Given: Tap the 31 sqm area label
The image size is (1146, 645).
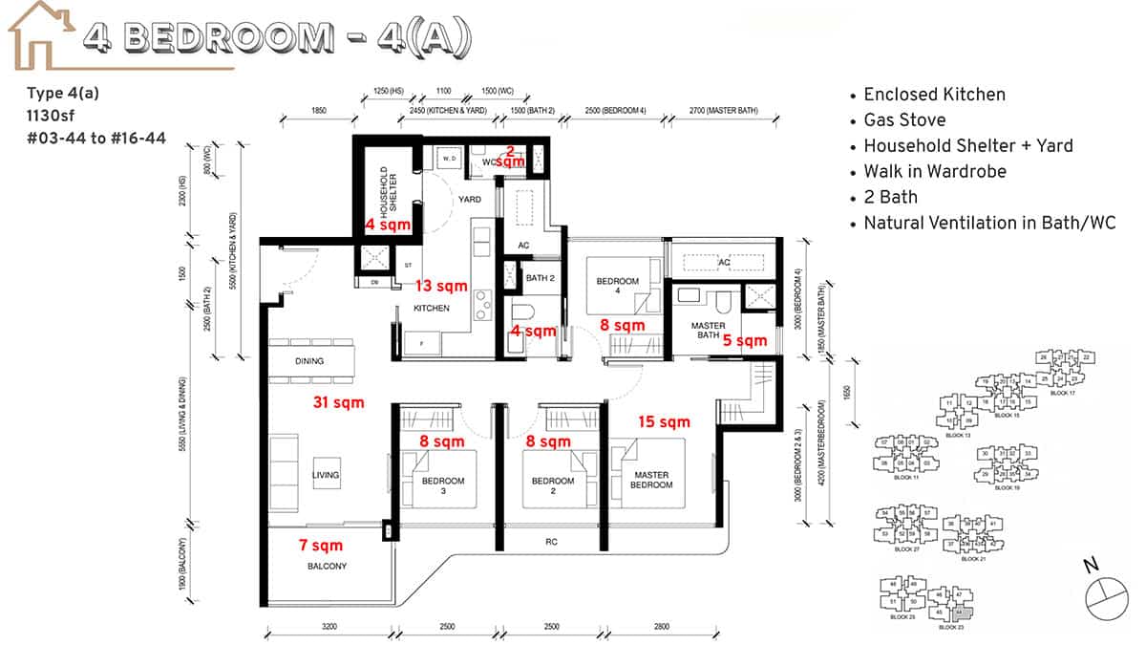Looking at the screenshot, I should point(339,403).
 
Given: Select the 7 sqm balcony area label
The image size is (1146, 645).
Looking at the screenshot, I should point(320,547).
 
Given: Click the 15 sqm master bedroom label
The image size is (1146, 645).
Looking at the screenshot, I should point(664,421).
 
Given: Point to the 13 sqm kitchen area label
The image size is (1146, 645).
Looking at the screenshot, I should point(441,286).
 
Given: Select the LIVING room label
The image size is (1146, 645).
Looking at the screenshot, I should point(325,475).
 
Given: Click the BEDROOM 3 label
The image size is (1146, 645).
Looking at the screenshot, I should point(443,486).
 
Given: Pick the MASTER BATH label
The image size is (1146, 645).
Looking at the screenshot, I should point(708,330).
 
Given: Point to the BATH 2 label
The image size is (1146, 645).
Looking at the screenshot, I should point(540,278).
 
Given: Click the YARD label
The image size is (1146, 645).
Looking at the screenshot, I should point(469,200).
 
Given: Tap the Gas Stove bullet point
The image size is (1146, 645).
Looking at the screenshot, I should point(904,120).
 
